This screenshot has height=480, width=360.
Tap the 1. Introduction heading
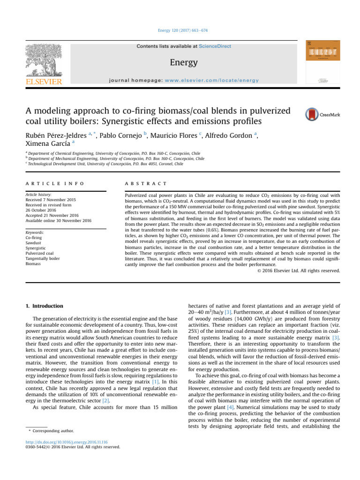pyautogui.click(x=45, y=306)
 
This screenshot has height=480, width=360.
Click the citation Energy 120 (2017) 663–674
pyautogui.click(x=180, y=30)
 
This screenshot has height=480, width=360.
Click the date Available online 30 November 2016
pyautogui.click(x=59, y=220)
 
